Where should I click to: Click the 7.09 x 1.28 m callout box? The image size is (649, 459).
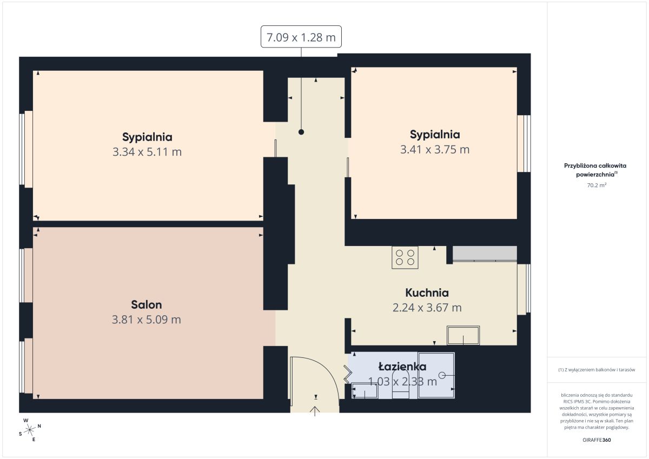[x=301, y=36]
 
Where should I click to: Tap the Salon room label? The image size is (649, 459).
[x=147, y=305]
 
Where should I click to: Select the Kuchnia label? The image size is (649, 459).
[x=427, y=293]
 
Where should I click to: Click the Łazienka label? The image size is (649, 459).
[x=402, y=367]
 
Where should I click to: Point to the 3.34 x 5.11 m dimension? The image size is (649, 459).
[x=147, y=152]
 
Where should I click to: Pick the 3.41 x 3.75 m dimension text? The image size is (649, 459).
[x=435, y=149]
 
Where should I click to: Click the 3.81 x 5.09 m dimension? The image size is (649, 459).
[x=147, y=320]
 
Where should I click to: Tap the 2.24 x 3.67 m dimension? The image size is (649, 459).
[x=427, y=308]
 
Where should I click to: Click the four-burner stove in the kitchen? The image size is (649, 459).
[x=405, y=257]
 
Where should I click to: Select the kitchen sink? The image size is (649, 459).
[x=463, y=335]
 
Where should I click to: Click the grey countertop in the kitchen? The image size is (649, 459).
[x=485, y=254]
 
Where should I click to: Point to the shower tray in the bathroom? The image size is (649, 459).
[x=436, y=375]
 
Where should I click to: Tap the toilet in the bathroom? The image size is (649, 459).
[x=400, y=384]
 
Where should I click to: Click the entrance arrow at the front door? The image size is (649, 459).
[x=315, y=411]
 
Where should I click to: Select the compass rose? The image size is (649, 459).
[x=29, y=430]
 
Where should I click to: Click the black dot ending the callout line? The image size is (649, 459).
[x=301, y=132]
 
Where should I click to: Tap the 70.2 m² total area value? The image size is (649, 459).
[x=597, y=185]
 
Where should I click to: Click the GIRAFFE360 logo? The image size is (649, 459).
[x=597, y=440]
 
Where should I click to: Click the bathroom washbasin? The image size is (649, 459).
[x=364, y=391]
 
